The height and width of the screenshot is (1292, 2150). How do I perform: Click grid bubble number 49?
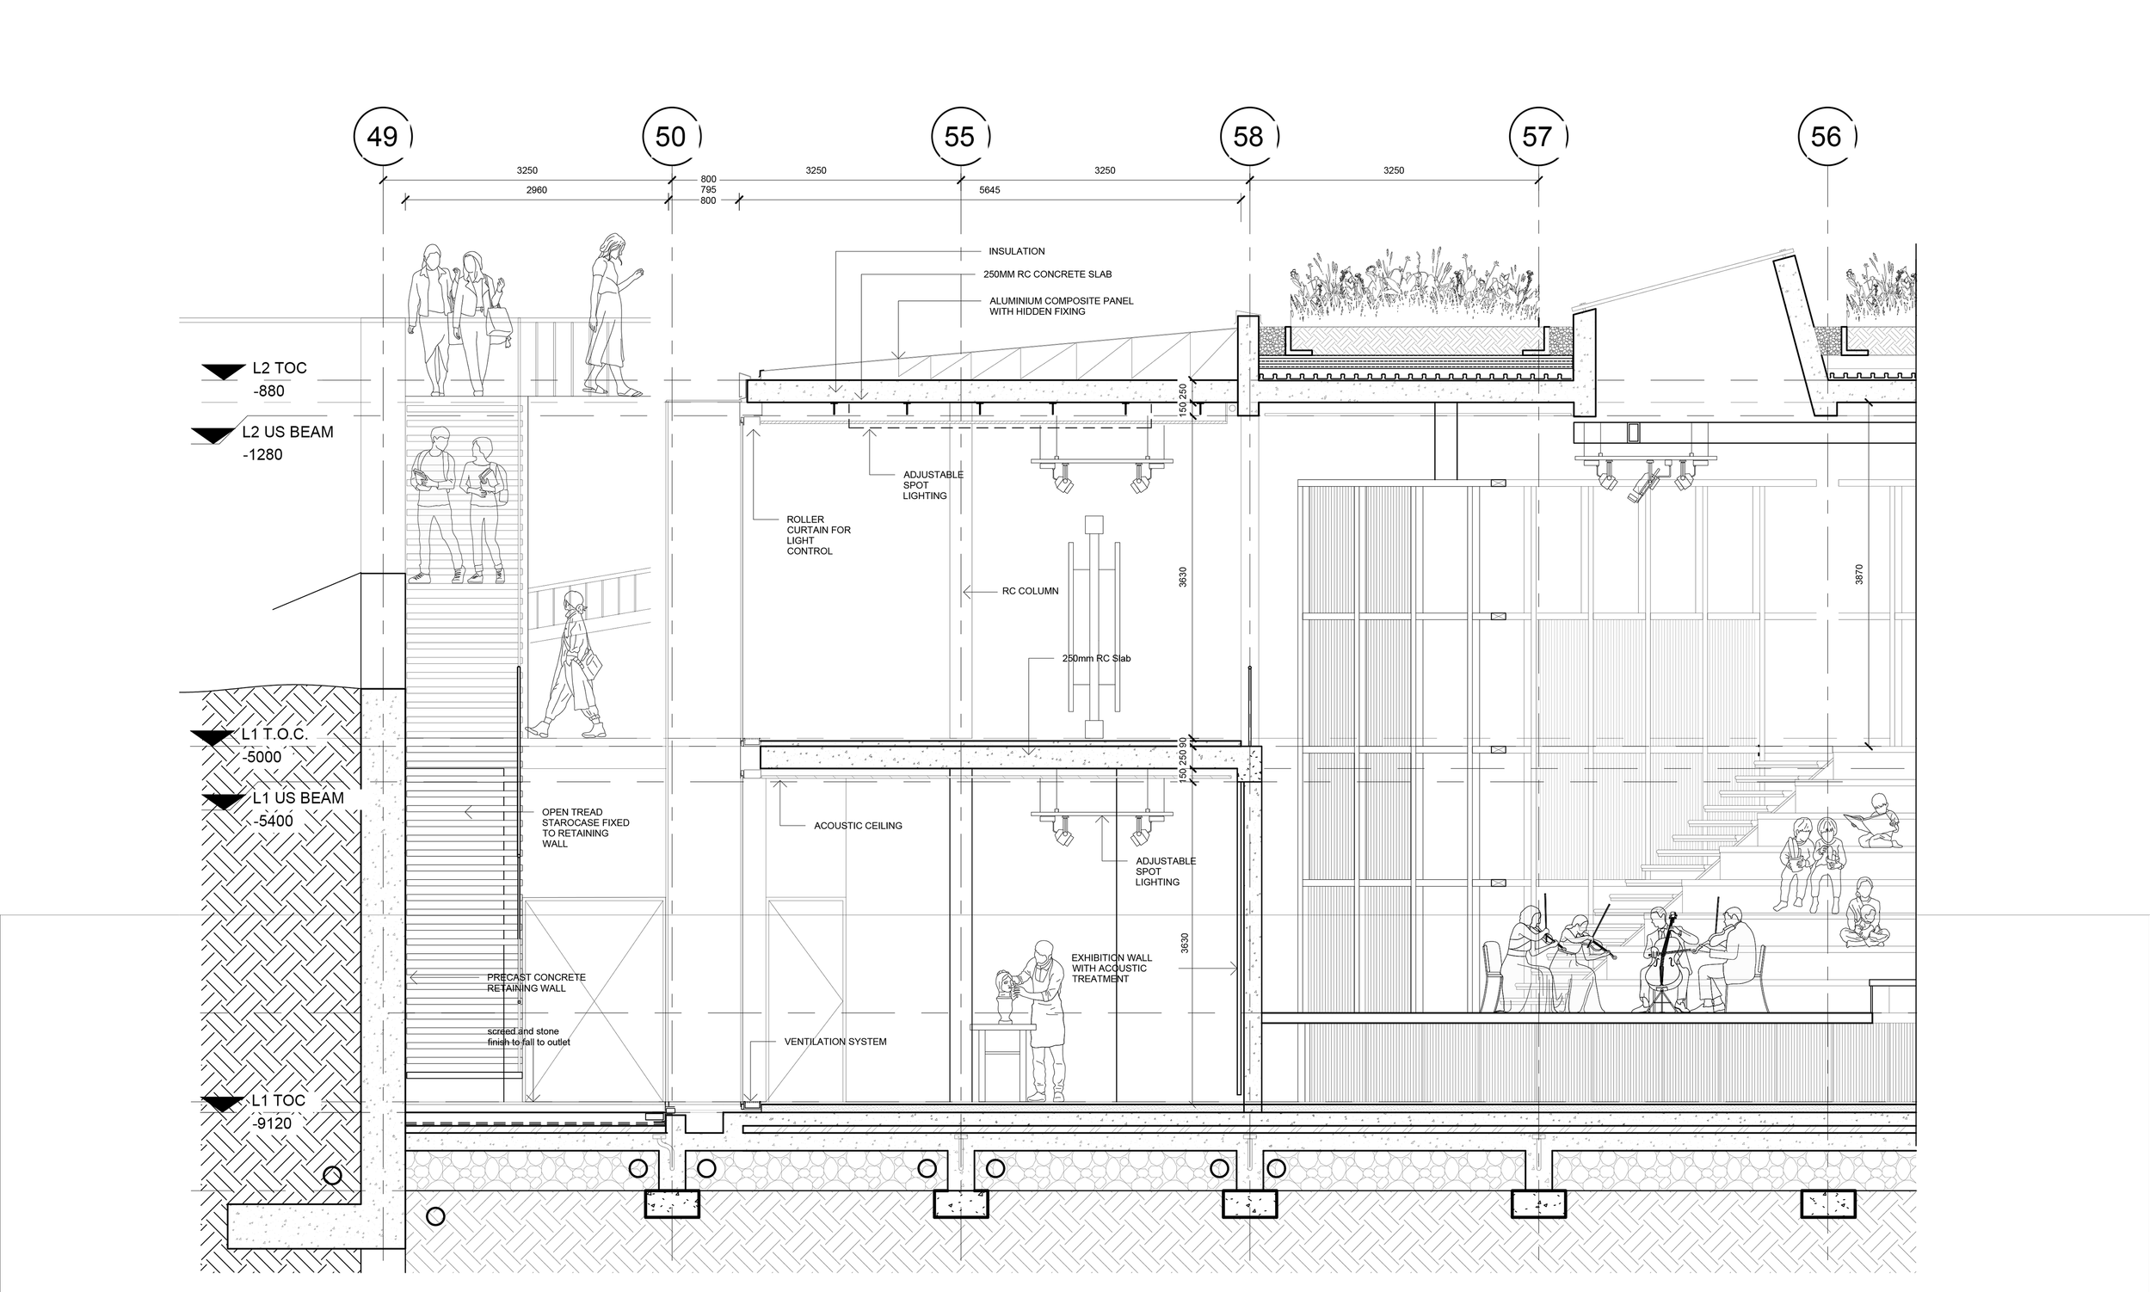pos(382,137)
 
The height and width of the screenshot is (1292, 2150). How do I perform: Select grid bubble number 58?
pos(1247,137)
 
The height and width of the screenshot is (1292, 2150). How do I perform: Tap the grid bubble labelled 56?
pos(1826,137)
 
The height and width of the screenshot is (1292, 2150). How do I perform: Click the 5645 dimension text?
pos(989,190)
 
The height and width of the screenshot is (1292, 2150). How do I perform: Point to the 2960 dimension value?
pos(536,190)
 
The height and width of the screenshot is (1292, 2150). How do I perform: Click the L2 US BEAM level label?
pos(287,432)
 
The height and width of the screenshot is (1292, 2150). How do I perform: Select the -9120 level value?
pos(273,1124)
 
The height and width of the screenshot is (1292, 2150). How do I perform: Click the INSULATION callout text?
pos(1016,252)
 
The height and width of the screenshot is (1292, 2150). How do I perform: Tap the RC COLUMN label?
pos(1030,591)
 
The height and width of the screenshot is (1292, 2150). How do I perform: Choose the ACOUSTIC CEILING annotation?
pos(858,825)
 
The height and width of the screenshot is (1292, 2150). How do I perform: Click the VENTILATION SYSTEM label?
pos(835,1042)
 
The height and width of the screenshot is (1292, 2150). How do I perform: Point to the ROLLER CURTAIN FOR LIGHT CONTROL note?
pos(817,535)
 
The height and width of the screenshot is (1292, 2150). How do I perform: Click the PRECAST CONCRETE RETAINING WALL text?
pos(535,983)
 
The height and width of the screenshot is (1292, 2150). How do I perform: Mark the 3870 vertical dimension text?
pos(1858,575)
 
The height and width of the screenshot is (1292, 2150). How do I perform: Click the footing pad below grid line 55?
pos(960,1204)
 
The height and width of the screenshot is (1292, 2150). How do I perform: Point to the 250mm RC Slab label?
pos(1095,658)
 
